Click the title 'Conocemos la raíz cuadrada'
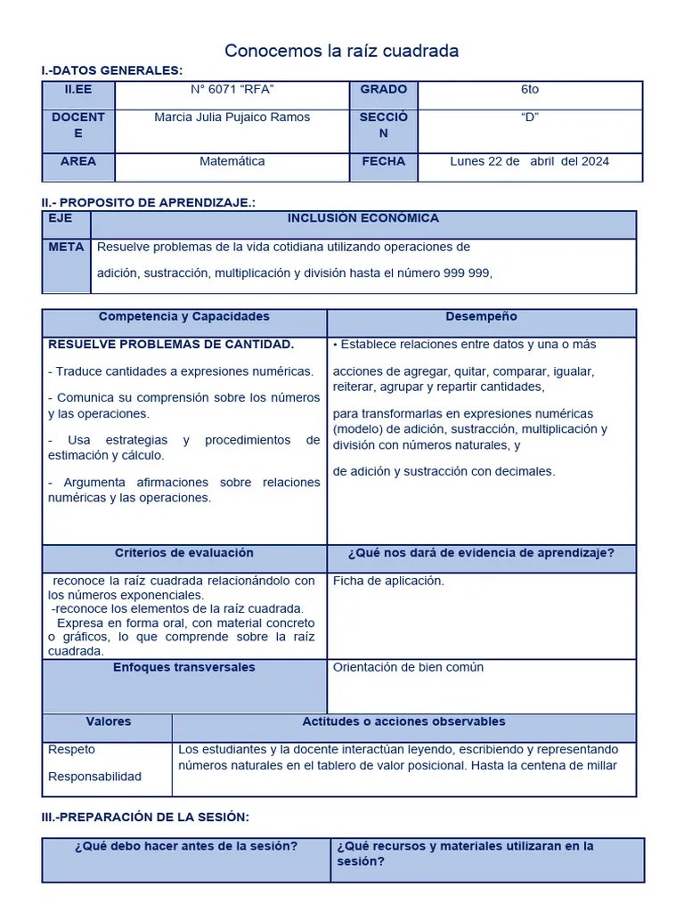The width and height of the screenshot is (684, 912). [341, 51]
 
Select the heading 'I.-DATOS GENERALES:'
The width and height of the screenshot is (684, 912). [112, 70]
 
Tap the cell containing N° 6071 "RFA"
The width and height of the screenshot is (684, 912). [232, 89]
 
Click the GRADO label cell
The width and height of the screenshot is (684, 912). [383, 89]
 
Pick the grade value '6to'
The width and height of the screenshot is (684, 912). [530, 89]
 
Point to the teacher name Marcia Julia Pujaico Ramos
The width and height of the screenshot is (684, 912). [232, 117]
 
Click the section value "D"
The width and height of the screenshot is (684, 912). [530, 117]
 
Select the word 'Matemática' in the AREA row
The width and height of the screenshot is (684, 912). [232, 161]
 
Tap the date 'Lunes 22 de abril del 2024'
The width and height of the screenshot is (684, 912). [530, 161]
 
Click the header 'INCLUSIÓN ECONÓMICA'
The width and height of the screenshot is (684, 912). [362, 218]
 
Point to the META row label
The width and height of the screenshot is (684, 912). [66, 247]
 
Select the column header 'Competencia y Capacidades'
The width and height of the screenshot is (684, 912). [183, 317]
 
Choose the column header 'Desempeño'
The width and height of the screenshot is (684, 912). [481, 317]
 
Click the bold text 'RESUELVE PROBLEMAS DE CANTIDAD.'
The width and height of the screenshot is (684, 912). [171, 344]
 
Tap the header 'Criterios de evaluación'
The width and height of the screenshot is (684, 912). [183, 553]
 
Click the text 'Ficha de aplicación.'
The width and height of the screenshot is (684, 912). [388, 581]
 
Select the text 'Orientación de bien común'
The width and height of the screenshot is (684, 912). [408, 667]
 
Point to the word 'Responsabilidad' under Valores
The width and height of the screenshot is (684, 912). [94, 777]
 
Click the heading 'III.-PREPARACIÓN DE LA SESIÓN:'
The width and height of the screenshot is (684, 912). [145, 817]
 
